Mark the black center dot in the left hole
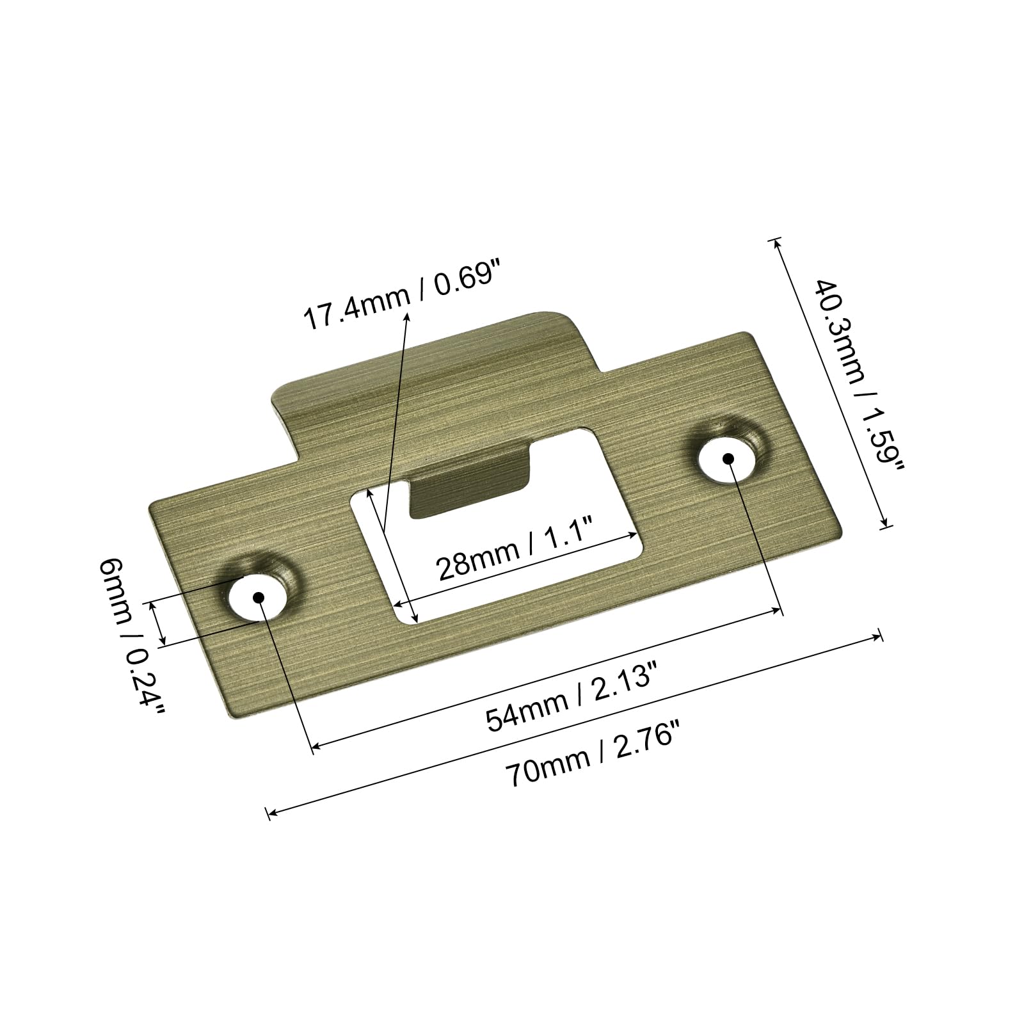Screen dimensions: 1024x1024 (259, 596)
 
